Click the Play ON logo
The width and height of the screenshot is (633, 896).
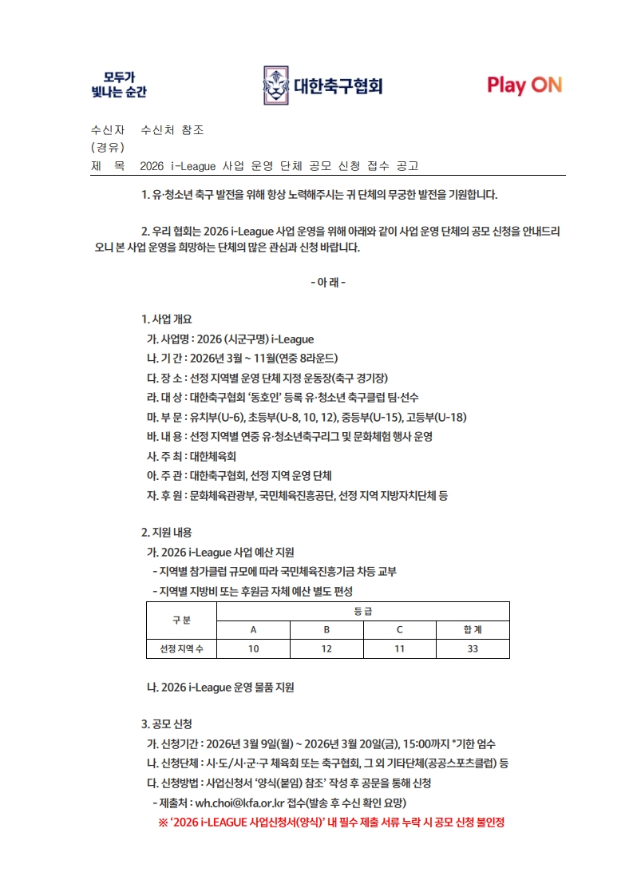[x=524, y=85]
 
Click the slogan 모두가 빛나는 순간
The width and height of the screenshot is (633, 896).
[x=119, y=85]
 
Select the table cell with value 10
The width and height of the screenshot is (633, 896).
[x=253, y=649]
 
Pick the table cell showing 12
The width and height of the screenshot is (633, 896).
[x=326, y=649]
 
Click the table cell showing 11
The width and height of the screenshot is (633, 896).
[x=399, y=649]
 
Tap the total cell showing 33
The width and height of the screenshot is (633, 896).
[x=473, y=649]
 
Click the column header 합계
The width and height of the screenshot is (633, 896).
[x=473, y=629]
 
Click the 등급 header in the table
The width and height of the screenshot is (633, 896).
[x=363, y=611]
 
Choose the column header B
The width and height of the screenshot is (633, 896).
[x=326, y=629]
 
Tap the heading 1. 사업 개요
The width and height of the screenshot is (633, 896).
[x=166, y=319]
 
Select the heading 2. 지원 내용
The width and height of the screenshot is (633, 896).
[x=166, y=532]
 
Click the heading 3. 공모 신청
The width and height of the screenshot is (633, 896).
[x=166, y=724]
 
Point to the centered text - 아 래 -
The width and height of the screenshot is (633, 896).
[x=327, y=282]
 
